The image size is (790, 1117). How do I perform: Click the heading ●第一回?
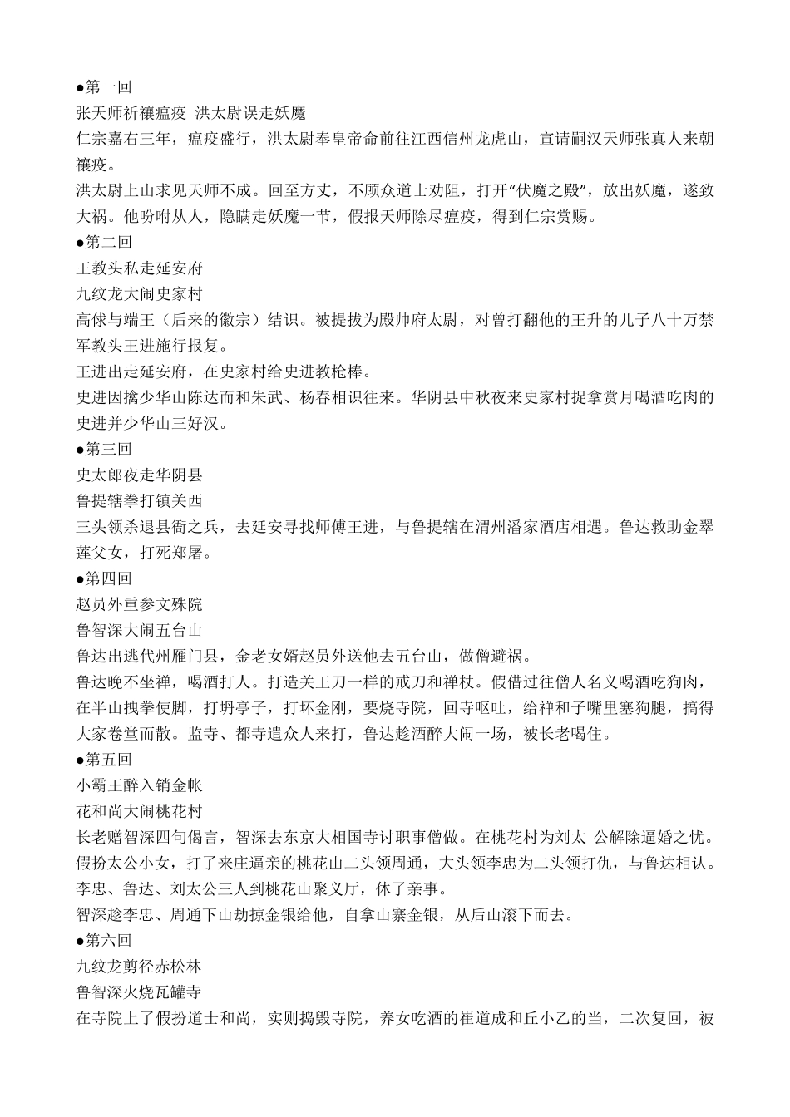[x=104, y=86]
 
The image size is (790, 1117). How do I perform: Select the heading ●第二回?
[x=104, y=242]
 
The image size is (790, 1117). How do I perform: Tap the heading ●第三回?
[x=104, y=449]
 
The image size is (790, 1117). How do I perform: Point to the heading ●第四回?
[x=104, y=578]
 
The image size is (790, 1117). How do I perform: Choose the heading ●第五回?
[x=104, y=759]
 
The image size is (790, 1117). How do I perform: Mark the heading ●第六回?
[x=104, y=940]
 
